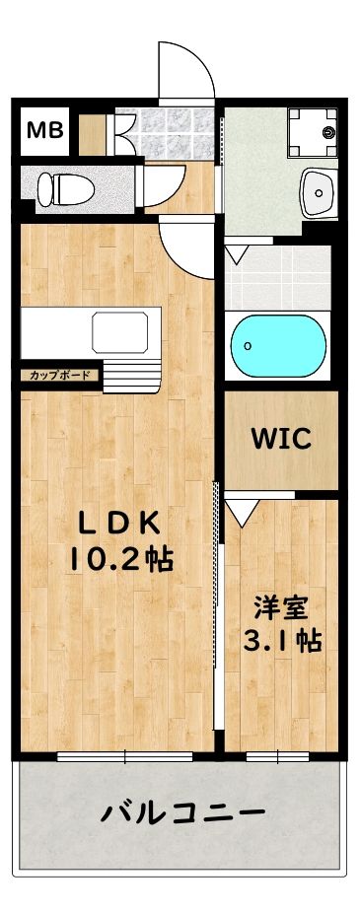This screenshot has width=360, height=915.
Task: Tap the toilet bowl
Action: (61, 185)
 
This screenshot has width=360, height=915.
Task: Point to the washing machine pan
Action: (312, 132)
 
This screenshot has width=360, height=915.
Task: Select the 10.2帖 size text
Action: (119, 561)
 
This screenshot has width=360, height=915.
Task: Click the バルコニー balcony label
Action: (182, 814)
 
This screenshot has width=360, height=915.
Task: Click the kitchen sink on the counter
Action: (125, 332)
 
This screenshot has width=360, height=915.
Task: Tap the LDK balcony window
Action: (125, 756)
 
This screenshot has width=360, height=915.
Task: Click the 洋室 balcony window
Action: (278, 756)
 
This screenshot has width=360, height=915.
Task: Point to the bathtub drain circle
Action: (247, 346)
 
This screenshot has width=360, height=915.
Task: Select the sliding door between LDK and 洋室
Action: (218, 611)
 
